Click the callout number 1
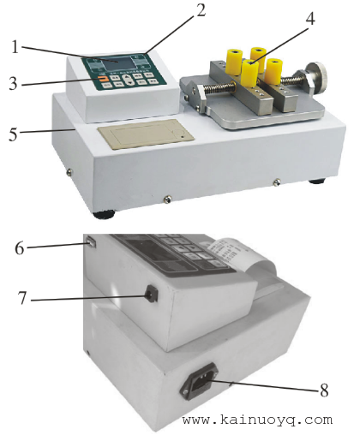click(15, 47)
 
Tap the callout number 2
click(201, 10)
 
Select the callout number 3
click(13, 84)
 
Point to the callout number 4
click(310, 19)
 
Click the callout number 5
click(13, 134)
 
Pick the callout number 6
click(20, 248)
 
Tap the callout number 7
click(22, 298)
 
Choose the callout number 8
click(324, 390)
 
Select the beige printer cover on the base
click(146, 134)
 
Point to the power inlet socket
click(200, 381)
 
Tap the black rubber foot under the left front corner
click(105, 214)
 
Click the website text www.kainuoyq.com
click(257, 420)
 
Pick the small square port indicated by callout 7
click(152, 294)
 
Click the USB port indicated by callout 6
click(91, 242)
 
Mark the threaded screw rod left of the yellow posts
click(221, 86)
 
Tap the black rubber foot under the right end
click(317, 182)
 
